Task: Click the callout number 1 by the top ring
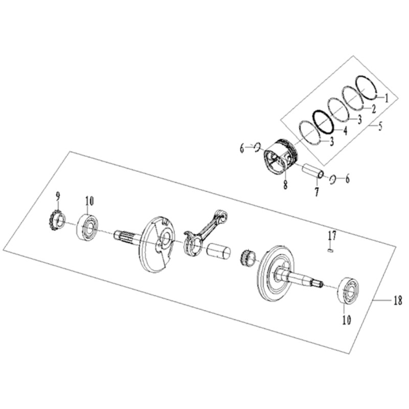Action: pos(387,98)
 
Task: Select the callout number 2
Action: pos(374,109)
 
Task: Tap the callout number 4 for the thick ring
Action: pos(345,130)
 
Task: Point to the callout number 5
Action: pos(380,126)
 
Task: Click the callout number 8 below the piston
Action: pos(285,185)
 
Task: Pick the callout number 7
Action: pos(316,192)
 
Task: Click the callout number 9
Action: pos(58,196)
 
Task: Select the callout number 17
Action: pos(332,236)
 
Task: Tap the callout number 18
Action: pos(398,301)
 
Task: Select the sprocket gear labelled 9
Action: pos(57,220)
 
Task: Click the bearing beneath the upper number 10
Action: pos(87,226)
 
